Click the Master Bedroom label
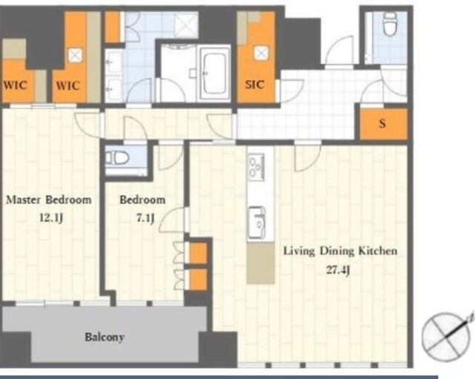tap(49, 200)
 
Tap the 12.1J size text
tap(51, 217)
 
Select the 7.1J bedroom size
tap(145, 217)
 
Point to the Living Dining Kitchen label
tap(340, 251)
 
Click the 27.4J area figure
tap(338, 270)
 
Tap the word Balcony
tap(105, 337)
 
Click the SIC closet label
tap(255, 85)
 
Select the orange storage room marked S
tap(384, 124)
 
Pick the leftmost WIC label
tap(15, 85)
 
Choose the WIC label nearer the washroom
tap(68, 86)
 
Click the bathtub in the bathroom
tap(214, 73)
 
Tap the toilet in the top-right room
tap(390, 24)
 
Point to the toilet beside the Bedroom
tap(117, 158)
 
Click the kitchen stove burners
tap(256, 167)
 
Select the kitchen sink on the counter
tap(257, 223)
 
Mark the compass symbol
tap(446, 336)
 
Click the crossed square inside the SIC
tap(261, 53)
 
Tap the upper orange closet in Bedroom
tap(198, 253)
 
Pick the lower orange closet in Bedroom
tap(198, 280)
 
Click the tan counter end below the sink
tap(261, 263)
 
